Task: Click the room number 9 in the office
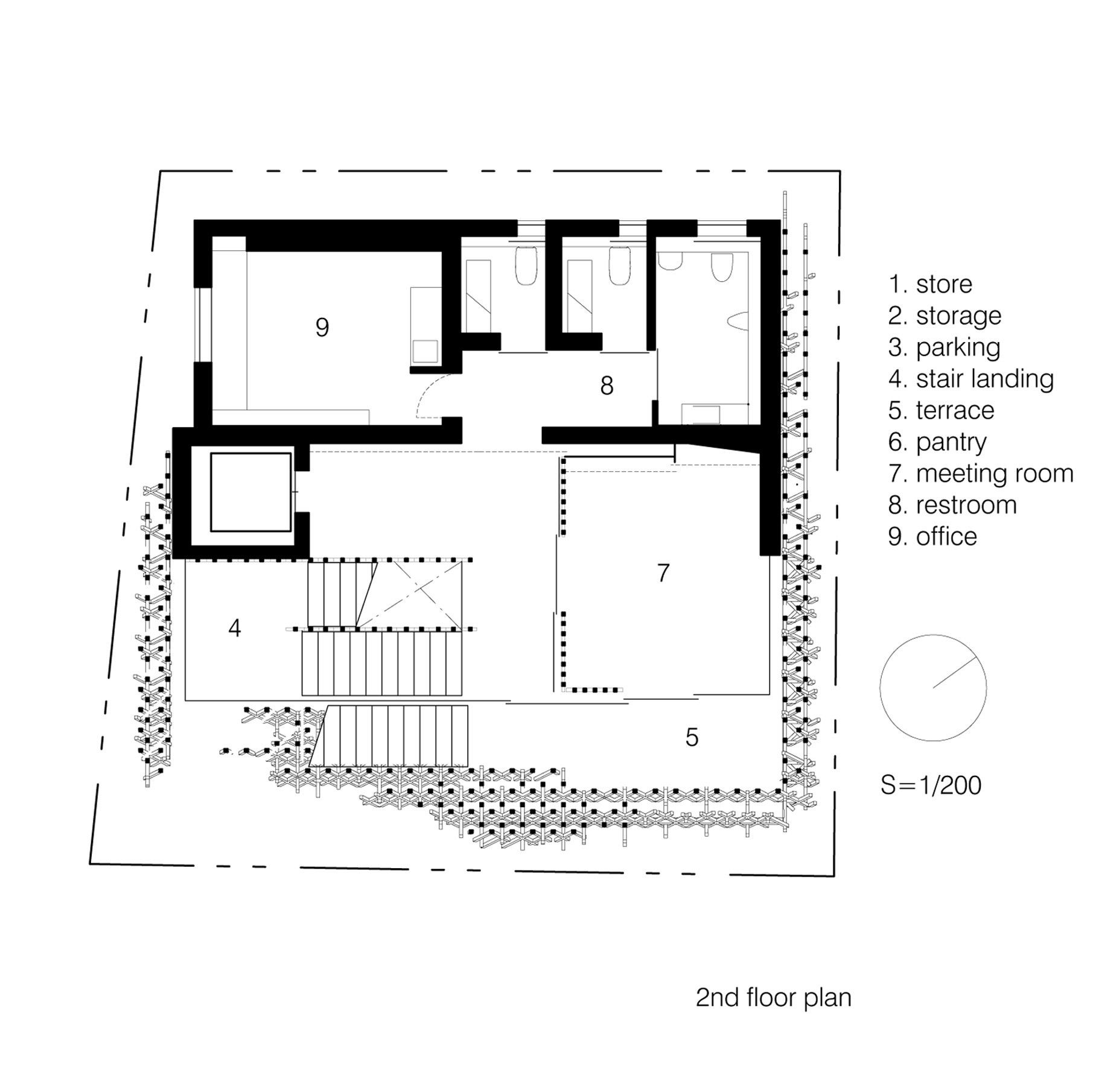pos(322,328)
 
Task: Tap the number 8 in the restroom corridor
pos(607,385)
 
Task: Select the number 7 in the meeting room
pos(663,573)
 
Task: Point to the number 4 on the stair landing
pos(235,628)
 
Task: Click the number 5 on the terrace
pos(692,737)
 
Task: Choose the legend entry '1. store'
pos(930,284)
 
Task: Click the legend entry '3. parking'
pos(944,348)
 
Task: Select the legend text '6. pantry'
pos(937,443)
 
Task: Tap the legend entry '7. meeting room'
pos(981,474)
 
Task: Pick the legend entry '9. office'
pos(932,536)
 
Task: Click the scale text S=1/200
pos(931,785)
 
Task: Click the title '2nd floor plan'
pos(773,998)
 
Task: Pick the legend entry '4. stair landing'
pos(970,379)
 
